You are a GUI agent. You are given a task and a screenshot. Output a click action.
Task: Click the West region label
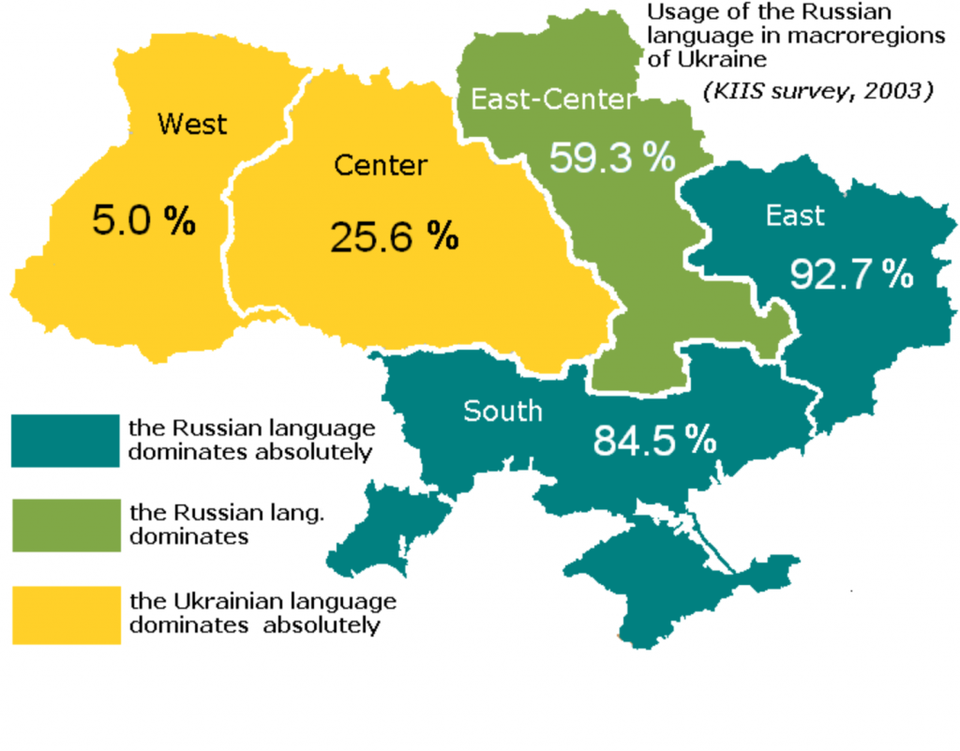(192, 123)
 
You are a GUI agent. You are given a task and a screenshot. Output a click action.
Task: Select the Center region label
(381, 167)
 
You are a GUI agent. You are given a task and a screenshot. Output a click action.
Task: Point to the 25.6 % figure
(394, 236)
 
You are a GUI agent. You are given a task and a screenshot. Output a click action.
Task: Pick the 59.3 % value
(611, 158)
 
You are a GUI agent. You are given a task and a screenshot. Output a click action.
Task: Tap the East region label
(795, 216)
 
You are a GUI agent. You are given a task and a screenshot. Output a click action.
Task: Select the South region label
(502, 411)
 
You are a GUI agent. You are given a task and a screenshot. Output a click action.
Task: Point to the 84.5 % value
(654, 440)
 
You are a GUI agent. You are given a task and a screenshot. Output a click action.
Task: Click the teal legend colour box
(67, 440)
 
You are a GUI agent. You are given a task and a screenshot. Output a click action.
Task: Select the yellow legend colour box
(67, 614)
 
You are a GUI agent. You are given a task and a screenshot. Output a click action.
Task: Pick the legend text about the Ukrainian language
(262, 612)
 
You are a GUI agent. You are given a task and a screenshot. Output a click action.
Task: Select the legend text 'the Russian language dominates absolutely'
(251, 440)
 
